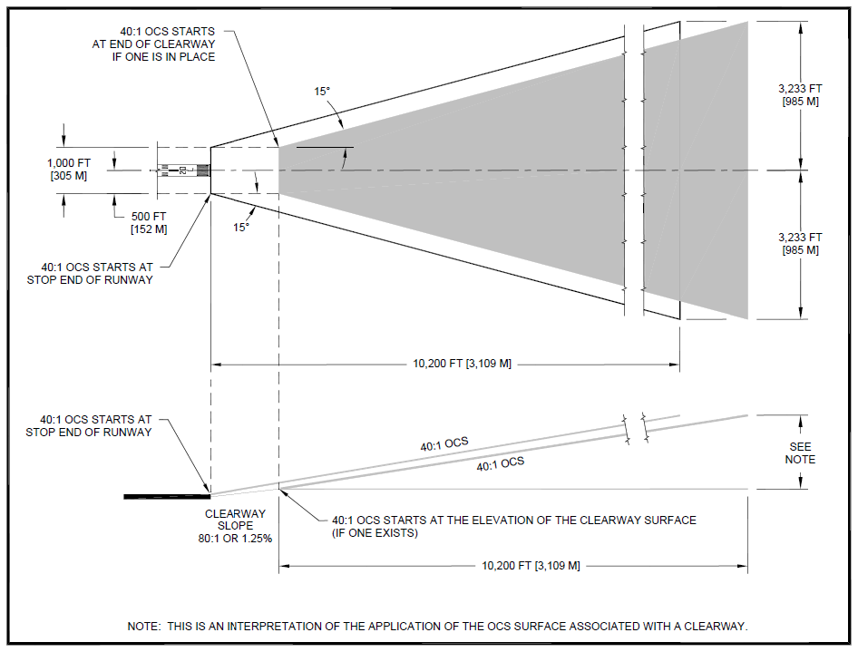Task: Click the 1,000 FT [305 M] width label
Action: (x=67, y=168)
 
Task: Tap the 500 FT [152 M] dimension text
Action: (x=149, y=222)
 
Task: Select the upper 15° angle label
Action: (x=322, y=92)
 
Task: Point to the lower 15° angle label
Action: (x=240, y=228)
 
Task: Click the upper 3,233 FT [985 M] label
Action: (x=800, y=94)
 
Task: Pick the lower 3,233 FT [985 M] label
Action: (x=800, y=244)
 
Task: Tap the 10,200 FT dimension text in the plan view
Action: (x=462, y=364)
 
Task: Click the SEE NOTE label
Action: (x=801, y=453)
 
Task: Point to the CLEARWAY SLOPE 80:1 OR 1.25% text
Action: (x=235, y=526)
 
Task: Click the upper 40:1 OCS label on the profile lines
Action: (x=444, y=444)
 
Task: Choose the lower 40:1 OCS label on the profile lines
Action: (x=501, y=463)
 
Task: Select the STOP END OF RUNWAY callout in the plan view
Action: (x=97, y=274)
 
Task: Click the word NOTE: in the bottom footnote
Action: (x=145, y=627)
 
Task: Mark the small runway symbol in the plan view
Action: (x=183, y=170)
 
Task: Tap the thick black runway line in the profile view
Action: (x=167, y=496)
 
